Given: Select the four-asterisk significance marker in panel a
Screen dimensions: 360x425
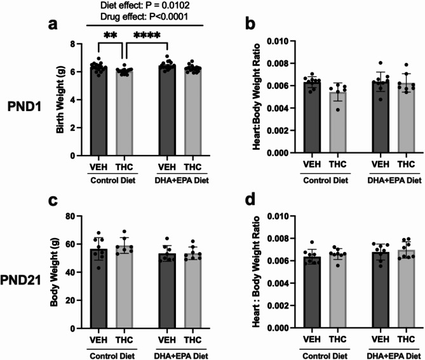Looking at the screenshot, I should pos(146,35).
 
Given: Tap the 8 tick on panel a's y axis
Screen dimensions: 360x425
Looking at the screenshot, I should pos(81,44).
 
